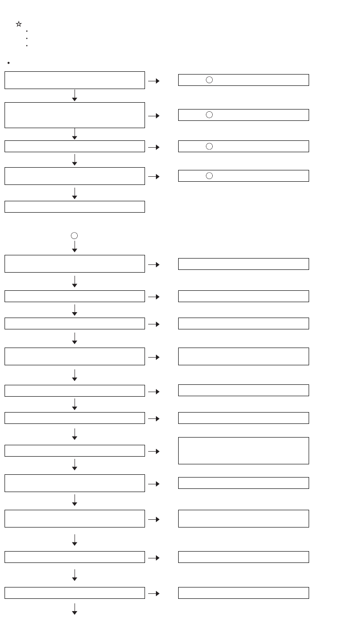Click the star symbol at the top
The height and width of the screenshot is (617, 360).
point(19,24)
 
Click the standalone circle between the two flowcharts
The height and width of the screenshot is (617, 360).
point(74,235)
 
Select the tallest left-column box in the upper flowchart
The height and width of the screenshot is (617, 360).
point(75,115)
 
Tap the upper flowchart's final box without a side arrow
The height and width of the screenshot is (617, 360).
point(75,207)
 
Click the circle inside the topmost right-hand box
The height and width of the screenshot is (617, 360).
point(209,80)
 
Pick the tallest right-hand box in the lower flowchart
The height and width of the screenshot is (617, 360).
point(243,451)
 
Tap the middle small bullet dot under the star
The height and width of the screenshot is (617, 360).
point(27,38)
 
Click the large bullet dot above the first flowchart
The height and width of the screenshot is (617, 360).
point(9,63)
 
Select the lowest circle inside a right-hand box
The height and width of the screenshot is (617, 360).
point(209,176)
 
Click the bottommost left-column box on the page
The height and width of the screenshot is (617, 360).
point(75,593)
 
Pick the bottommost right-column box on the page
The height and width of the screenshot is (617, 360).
point(243,593)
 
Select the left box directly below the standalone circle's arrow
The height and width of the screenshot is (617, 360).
point(75,264)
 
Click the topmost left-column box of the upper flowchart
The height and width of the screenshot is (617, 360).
point(75,80)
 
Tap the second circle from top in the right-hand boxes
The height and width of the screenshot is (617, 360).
point(209,115)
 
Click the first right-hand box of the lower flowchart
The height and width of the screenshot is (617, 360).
point(243,264)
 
